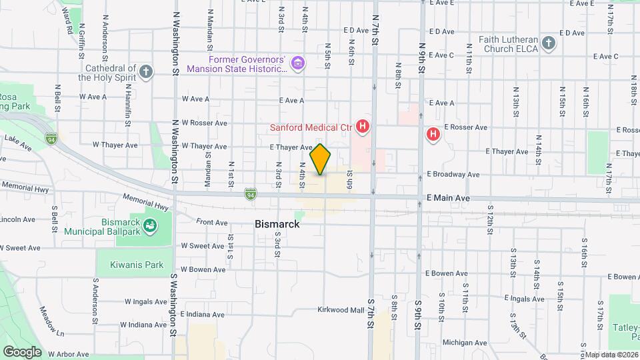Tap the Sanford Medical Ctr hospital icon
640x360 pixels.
(x=363, y=126)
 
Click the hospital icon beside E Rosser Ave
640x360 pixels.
(x=433, y=135)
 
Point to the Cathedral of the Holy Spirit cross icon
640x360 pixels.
(x=146, y=71)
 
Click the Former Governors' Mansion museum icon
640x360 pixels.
(x=298, y=65)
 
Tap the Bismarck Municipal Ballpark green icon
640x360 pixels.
(x=151, y=227)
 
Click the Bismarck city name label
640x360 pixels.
(x=277, y=225)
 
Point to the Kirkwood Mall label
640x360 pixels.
(x=340, y=310)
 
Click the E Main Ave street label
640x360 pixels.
(x=448, y=199)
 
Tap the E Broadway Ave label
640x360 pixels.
(x=453, y=175)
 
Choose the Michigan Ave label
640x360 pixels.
(x=464, y=343)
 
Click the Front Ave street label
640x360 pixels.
(x=213, y=222)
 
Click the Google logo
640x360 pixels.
(x=21, y=352)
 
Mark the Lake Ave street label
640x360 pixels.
(x=18, y=142)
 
